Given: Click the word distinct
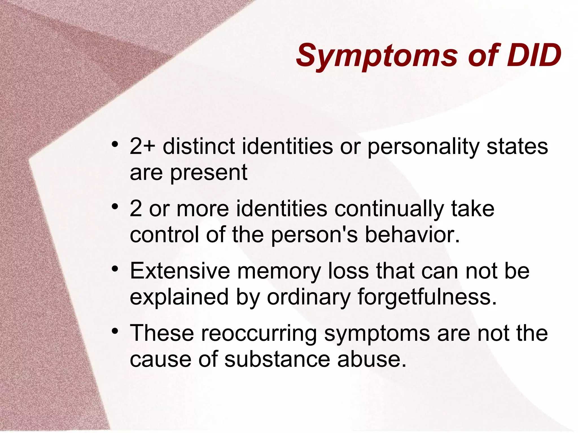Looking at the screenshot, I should (199, 146).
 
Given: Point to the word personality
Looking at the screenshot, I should (424, 147).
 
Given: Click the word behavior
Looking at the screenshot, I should (412, 235).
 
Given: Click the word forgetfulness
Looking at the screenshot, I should (427, 297).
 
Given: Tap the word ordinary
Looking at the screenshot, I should (309, 297).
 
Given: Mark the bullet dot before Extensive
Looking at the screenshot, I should (115, 269).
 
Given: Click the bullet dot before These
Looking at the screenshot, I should (115, 331).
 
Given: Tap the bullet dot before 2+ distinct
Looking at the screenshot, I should (115, 144).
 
